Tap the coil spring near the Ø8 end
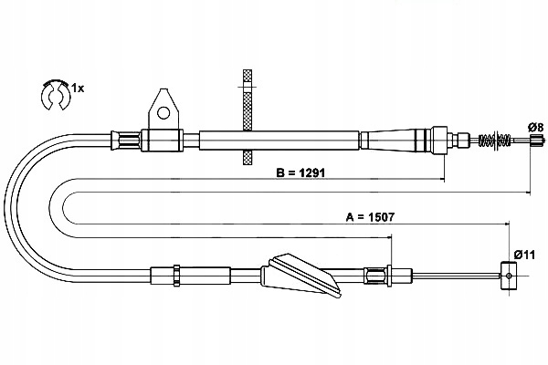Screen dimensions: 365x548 click(x=497, y=141)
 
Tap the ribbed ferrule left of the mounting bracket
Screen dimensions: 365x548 click(x=125, y=140)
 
